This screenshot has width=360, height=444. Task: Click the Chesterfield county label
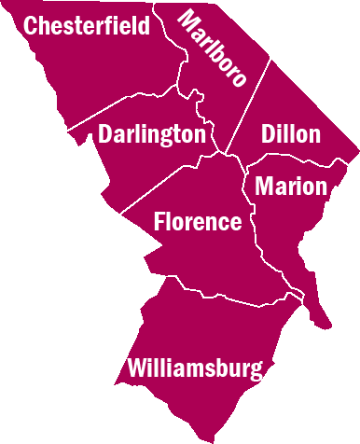point(86,26)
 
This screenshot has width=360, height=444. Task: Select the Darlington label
point(151,134)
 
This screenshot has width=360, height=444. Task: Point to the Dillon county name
point(291,134)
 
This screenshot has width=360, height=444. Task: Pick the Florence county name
point(197,222)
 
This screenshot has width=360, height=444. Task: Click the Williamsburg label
point(196,368)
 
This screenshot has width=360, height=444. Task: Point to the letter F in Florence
point(159,222)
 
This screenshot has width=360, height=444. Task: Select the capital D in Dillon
point(270,134)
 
